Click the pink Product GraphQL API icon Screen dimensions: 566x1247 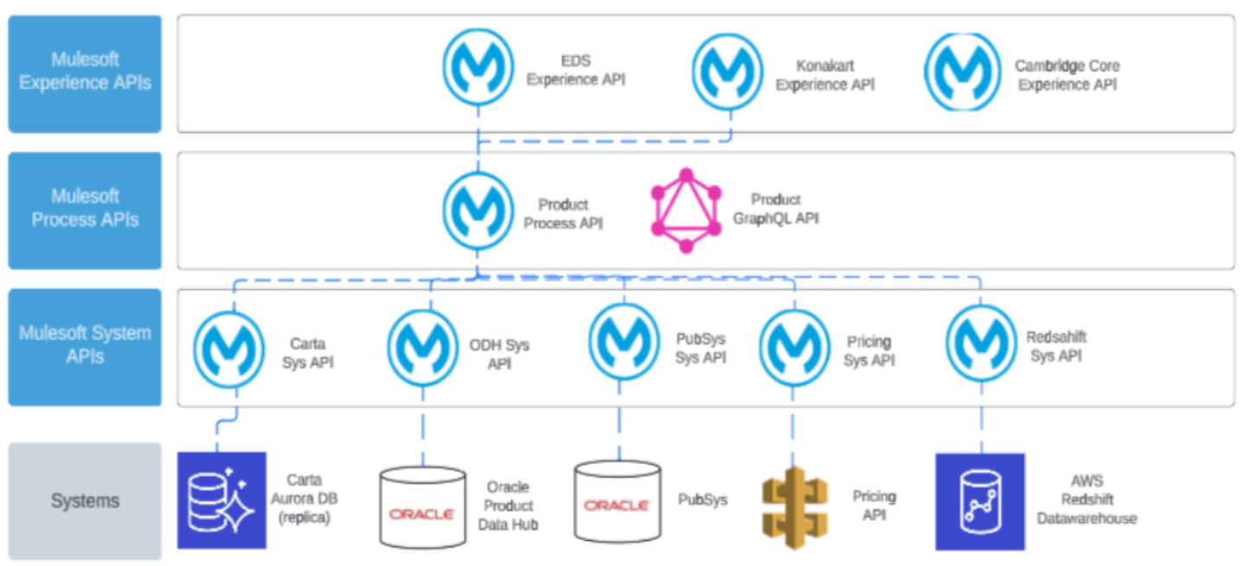[x=686, y=210]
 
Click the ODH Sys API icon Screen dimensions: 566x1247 [x=423, y=349]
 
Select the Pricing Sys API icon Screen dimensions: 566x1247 [x=794, y=348]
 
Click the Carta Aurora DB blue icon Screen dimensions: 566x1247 [x=221, y=500]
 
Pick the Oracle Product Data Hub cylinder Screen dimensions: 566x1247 [x=422, y=507]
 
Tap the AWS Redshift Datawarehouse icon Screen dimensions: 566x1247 [x=980, y=502]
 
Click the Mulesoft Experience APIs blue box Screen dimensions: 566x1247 [x=85, y=74]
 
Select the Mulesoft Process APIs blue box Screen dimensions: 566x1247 [x=85, y=210]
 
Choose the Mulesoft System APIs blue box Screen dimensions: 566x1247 [x=85, y=346]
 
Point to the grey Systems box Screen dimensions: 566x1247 [x=85, y=501]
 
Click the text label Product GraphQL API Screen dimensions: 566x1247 [x=776, y=209]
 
